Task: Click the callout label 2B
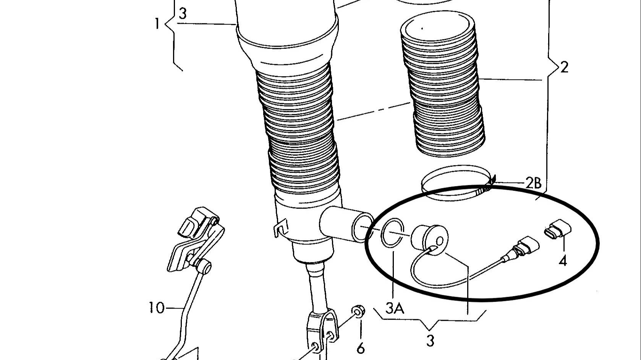(x=534, y=183)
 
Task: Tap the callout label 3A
(x=395, y=308)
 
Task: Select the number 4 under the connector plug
(x=563, y=260)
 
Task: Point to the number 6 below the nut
(x=361, y=349)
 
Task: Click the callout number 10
(x=157, y=308)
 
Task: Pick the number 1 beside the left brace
(x=157, y=24)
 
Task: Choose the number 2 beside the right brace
(x=564, y=68)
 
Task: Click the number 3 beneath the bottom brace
(x=430, y=341)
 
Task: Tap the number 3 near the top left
(x=183, y=13)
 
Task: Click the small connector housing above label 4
(x=557, y=229)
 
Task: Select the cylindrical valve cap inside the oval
(x=429, y=240)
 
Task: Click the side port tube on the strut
(x=346, y=224)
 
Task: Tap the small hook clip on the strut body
(x=280, y=228)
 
